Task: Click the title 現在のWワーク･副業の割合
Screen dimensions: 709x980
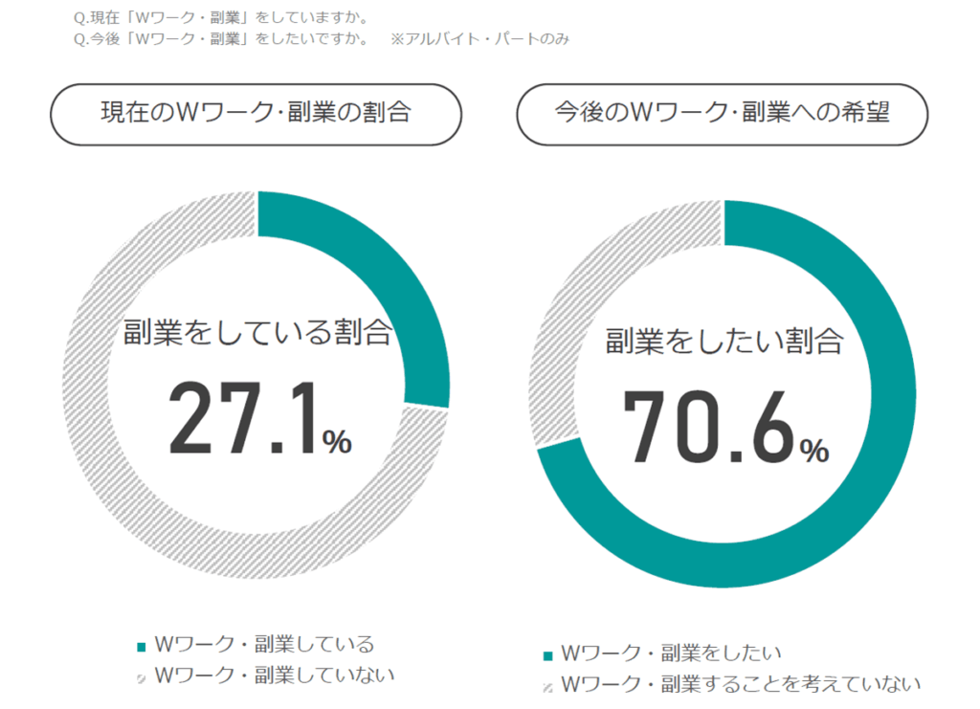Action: (x=256, y=113)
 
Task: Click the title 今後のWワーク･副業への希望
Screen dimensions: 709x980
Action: (x=723, y=113)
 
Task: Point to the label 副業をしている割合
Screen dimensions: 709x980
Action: (x=257, y=333)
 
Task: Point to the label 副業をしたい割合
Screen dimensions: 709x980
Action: (x=724, y=340)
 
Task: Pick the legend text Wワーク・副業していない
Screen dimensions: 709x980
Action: (x=274, y=675)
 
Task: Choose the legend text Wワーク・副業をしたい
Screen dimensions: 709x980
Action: (x=671, y=654)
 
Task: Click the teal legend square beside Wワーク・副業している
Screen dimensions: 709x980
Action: (x=142, y=646)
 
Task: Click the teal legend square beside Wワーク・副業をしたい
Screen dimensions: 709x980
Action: (x=548, y=655)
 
